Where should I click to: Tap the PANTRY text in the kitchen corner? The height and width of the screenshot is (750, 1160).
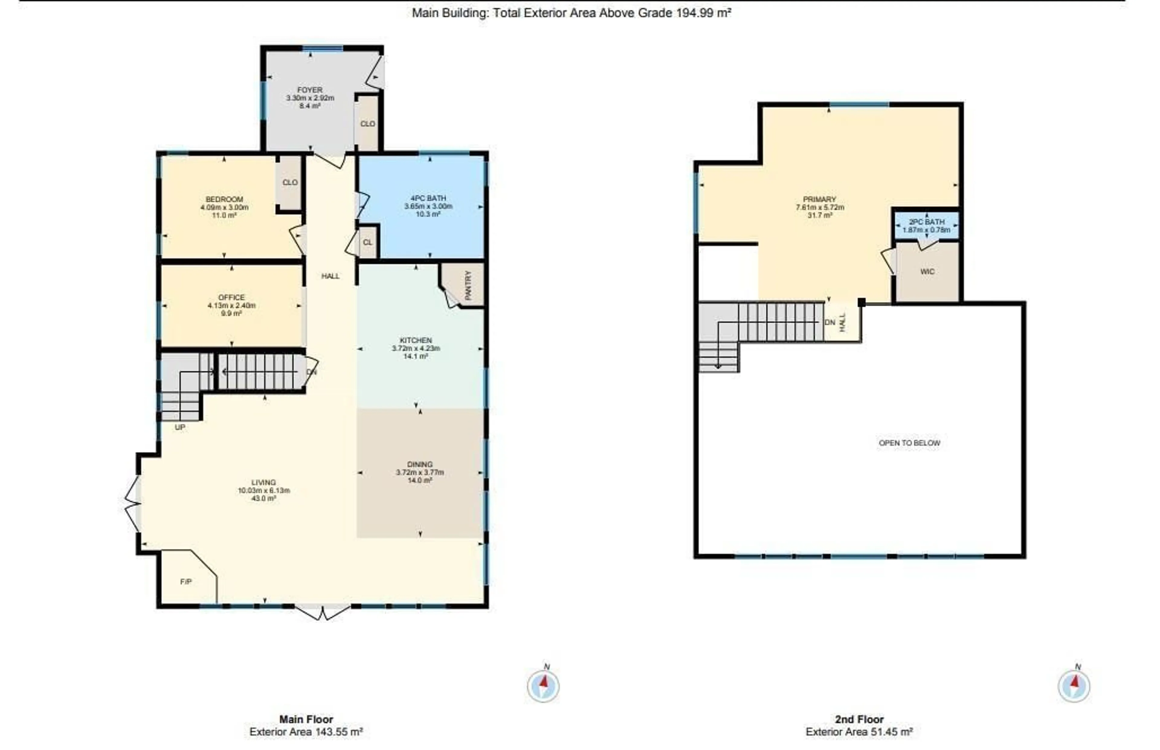[468, 285]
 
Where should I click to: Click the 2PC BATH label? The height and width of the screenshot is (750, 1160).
[926, 222]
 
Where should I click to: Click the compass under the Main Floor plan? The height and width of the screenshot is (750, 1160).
[543, 686]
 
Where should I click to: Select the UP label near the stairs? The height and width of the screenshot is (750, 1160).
[180, 428]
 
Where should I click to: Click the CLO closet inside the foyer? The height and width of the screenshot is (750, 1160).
[367, 124]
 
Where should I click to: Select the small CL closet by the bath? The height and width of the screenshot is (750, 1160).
[367, 242]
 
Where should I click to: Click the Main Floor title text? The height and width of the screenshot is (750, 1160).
[306, 719]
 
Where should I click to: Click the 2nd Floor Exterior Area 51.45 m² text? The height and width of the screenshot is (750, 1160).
[859, 732]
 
